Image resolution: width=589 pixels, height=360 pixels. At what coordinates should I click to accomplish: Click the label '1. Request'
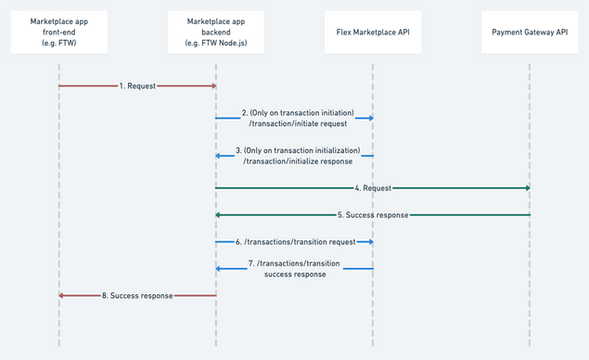(137, 85)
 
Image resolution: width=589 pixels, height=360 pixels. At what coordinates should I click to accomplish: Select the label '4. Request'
(373, 188)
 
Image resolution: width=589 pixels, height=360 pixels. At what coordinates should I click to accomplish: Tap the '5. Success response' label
(373, 214)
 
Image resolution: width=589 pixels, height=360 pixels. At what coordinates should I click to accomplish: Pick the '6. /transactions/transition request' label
(295, 241)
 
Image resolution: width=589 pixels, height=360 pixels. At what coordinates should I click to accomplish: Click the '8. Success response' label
(137, 295)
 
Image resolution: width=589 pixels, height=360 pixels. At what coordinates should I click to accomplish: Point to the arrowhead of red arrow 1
(213, 85)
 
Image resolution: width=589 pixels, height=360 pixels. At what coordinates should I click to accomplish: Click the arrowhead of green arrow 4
(527, 188)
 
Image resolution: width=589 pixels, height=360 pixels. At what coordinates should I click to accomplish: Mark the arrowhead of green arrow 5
(219, 214)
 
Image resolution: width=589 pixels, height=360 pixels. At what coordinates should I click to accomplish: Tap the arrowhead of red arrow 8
(62, 295)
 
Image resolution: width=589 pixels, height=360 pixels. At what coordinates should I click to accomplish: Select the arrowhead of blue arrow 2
(369, 118)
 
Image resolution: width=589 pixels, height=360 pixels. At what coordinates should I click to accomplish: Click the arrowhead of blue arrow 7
(219, 268)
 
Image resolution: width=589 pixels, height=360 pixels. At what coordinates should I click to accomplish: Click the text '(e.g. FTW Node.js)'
(216, 44)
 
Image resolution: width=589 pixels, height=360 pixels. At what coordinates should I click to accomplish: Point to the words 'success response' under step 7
(295, 275)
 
